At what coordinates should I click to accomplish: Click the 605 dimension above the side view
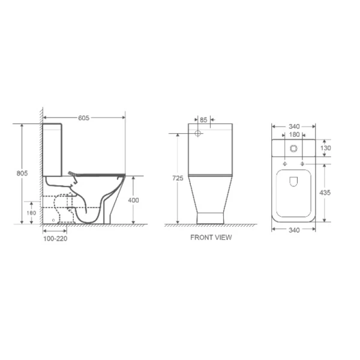(x=83, y=118)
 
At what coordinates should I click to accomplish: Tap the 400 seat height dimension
(x=134, y=200)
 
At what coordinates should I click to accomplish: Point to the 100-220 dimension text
(x=54, y=238)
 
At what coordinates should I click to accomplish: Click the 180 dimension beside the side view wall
(x=31, y=212)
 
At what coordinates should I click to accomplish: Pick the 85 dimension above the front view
(x=204, y=119)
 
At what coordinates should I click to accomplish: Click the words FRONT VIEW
(x=211, y=238)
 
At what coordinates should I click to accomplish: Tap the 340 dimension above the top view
(x=294, y=127)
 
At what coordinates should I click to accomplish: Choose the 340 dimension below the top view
(x=294, y=230)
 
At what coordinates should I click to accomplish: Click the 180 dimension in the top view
(x=294, y=135)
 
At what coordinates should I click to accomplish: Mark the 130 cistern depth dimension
(x=325, y=148)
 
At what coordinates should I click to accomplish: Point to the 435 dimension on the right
(x=325, y=193)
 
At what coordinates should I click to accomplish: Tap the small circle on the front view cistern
(x=199, y=132)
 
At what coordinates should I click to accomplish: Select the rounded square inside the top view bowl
(x=294, y=182)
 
